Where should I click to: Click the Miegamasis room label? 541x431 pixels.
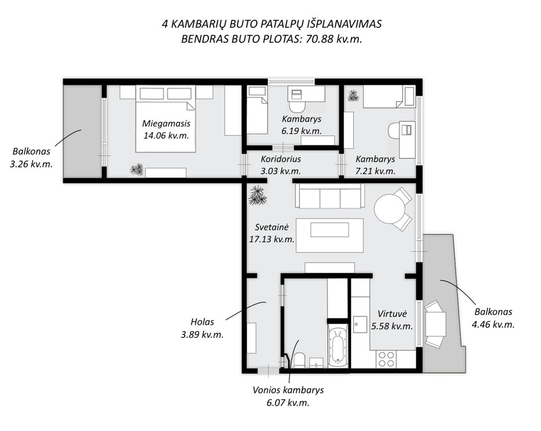[x=166, y=123]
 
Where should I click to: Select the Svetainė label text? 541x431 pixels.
[x=271, y=227]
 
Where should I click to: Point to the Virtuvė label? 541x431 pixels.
[x=392, y=314]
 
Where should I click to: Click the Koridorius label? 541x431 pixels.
[x=281, y=159]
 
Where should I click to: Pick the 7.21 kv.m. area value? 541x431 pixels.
[x=375, y=171]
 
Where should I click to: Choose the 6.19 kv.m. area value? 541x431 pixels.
[x=302, y=131]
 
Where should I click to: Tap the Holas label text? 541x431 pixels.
[x=203, y=322]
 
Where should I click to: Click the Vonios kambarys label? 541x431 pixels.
[x=288, y=390]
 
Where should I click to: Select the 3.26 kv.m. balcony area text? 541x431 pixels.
[x=31, y=164]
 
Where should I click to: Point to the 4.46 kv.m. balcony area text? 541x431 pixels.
[x=493, y=324]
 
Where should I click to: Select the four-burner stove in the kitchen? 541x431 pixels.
[x=387, y=359]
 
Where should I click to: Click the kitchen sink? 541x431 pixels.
[x=360, y=324]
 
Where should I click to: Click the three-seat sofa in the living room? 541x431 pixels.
[x=330, y=196]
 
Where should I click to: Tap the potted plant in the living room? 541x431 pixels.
[x=258, y=195]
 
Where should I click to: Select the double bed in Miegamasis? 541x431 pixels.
[x=165, y=118]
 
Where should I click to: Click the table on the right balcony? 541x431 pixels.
[x=436, y=324]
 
